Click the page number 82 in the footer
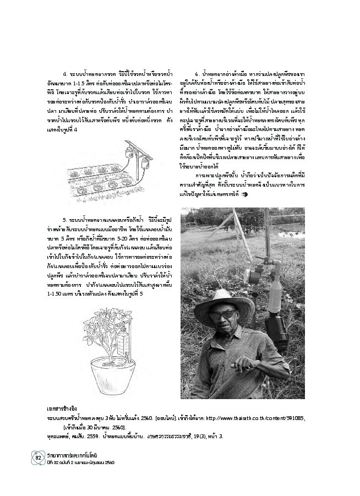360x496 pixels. (x=39, y=457)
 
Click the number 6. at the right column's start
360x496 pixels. (x=197, y=74)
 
